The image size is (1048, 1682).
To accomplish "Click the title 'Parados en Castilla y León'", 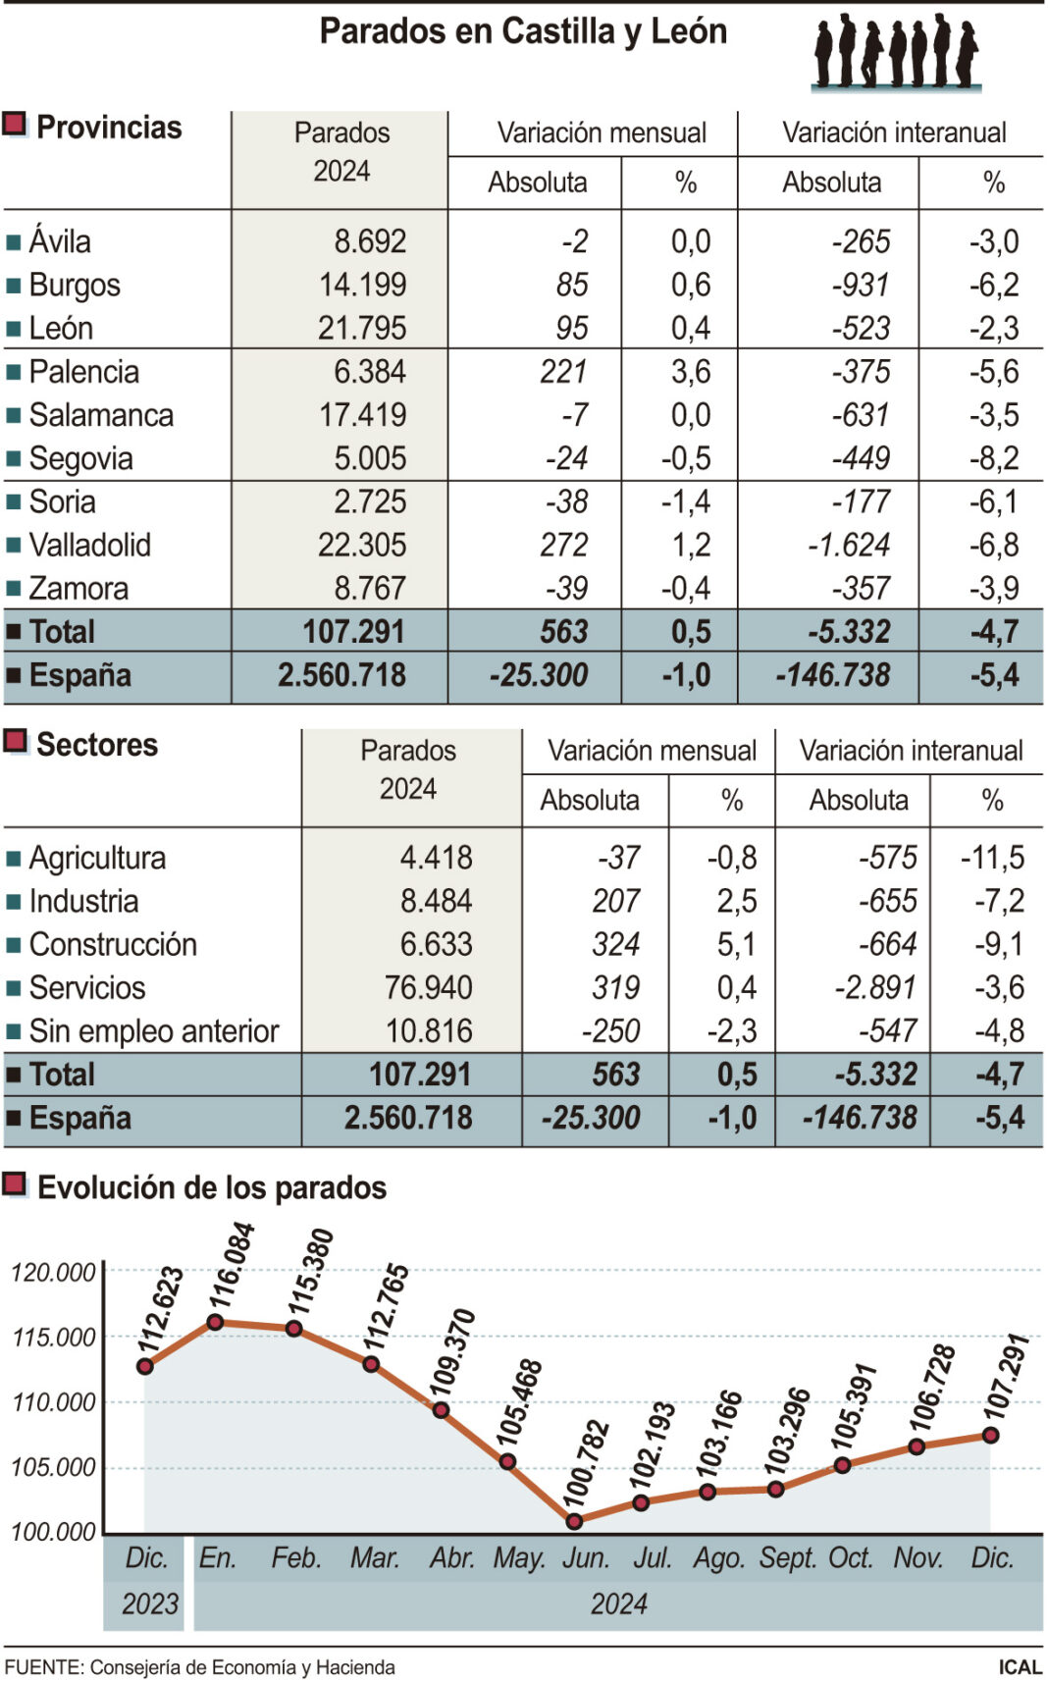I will (x=523, y=32).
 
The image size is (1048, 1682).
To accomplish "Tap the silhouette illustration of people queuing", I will (x=896, y=53).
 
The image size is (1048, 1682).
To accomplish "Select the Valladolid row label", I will (x=89, y=545).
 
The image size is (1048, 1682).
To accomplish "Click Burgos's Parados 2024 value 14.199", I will (x=362, y=285).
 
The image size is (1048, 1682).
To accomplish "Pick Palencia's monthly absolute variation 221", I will (x=563, y=372).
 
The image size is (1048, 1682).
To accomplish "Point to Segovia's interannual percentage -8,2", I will (x=994, y=458).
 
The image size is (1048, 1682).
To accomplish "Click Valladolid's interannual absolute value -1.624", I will (x=849, y=545).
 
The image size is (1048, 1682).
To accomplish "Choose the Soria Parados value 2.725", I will (x=370, y=501).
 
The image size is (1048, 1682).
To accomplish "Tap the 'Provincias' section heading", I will (x=109, y=128).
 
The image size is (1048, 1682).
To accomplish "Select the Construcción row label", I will (x=113, y=944).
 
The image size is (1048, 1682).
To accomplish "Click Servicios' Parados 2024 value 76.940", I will (x=429, y=987).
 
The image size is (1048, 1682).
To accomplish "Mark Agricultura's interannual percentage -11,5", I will (x=992, y=858).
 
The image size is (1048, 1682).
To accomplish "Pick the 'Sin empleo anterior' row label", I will (x=154, y=1031).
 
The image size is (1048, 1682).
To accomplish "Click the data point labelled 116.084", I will (x=216, y=1322).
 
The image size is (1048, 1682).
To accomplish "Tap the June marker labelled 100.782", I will (x=574, y=1521).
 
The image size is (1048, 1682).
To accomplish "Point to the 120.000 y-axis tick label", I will (x=53, y=1273).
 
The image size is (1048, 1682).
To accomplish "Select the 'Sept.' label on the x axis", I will (x=788, y=1558).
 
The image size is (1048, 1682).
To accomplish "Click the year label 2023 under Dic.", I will (x=149, y=1603).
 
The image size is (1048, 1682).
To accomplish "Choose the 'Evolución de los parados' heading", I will (x=212, y=1187).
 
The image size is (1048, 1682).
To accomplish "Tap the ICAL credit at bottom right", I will (x=1020, y=1667).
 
